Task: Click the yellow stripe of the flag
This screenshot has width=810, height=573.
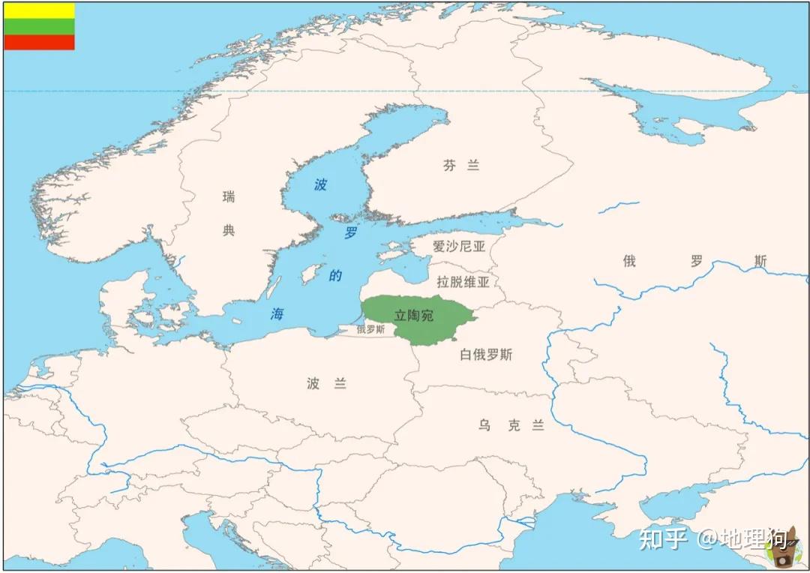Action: point(39,10)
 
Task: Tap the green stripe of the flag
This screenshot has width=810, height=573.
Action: point(39,26)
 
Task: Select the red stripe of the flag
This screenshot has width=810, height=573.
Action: point(39,42)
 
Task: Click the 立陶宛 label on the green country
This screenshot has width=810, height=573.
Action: point(414,316)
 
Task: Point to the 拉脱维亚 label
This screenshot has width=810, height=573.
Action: point(463,282)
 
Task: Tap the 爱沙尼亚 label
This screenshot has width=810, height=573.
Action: point(459,246)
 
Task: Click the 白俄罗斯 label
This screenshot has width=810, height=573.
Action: point(486,355)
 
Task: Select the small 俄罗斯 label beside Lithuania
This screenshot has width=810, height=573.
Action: point(370,329)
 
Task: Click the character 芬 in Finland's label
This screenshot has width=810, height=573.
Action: point(449,166)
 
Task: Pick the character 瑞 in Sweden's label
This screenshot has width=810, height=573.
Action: point(229,197)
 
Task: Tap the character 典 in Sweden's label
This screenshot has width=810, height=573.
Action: point(229,230)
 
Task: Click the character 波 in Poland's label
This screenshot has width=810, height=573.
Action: point(313,384)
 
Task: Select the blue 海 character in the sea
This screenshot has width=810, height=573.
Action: point(277,315)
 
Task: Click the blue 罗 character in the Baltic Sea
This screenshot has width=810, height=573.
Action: point(350,233)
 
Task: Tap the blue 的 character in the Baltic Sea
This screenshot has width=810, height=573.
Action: point(335,276)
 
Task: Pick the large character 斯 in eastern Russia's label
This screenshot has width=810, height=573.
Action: point(760,262)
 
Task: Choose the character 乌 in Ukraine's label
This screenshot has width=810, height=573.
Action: point(485,426)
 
